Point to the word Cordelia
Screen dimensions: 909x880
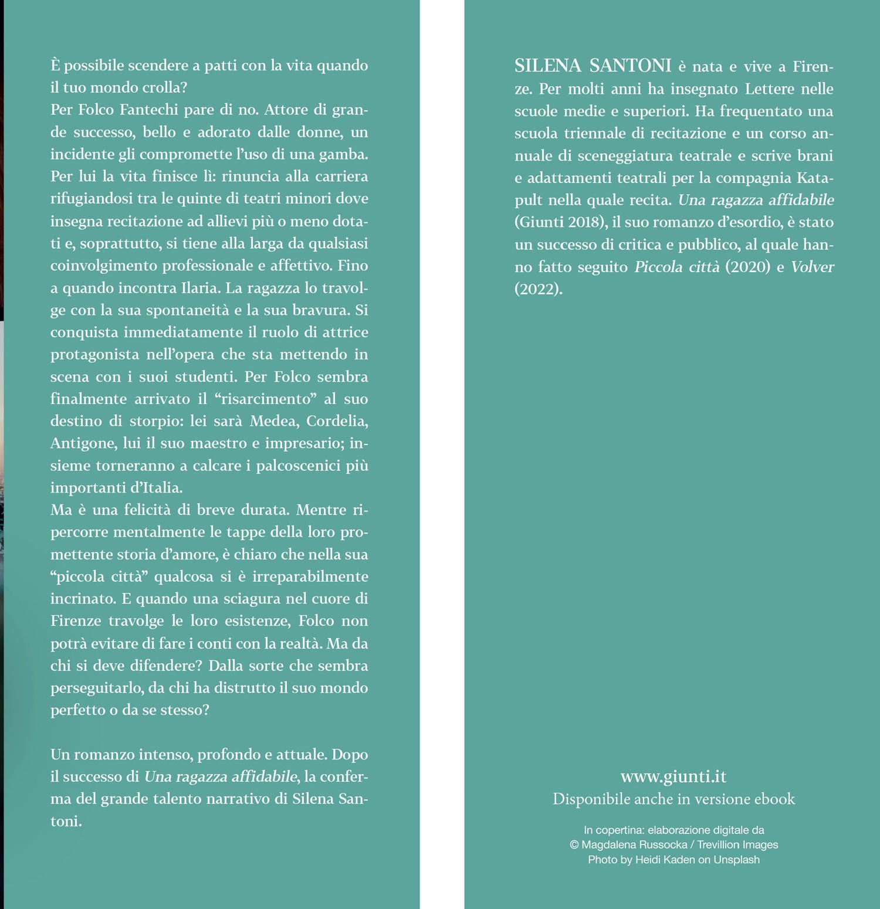coord(337,421)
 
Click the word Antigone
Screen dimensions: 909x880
coord(83,443)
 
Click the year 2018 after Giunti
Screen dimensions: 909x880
coord(585,222)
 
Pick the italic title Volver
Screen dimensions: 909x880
coord(813,267)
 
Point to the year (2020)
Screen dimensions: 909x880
coord(747,267)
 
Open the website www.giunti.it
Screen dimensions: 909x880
coord(673,776)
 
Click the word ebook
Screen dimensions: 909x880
coord(775,799)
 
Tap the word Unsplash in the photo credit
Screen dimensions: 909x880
coord(736,860)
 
